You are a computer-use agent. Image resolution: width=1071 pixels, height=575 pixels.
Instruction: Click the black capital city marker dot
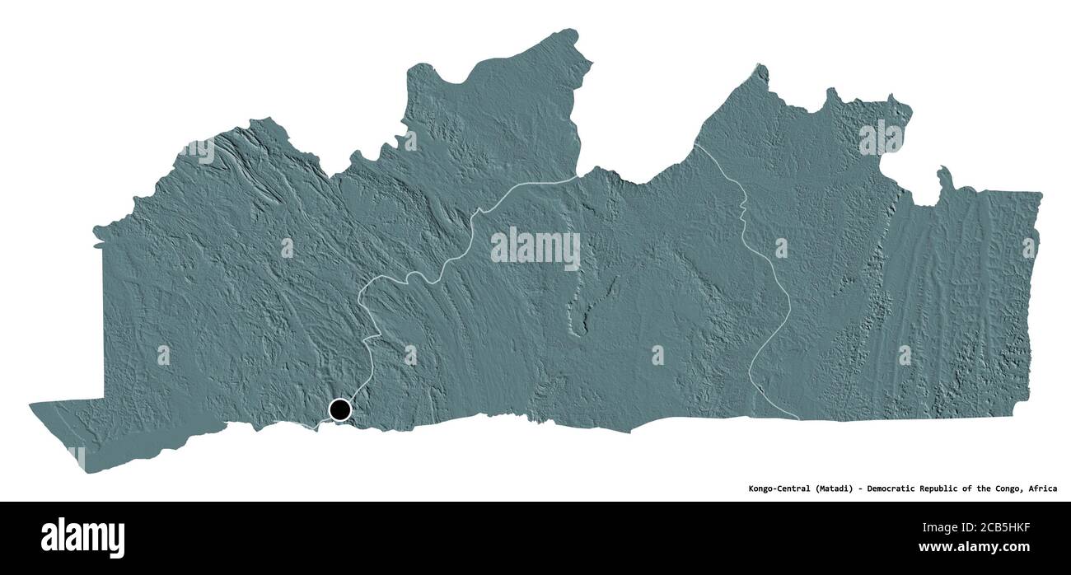[x=339, y=409]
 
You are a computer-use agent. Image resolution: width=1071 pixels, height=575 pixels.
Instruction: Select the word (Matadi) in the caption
[x=838, y=489]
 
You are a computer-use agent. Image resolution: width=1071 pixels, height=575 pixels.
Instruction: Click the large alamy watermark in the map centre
[x=535, y=247]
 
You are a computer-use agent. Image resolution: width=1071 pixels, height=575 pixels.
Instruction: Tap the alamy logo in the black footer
[x=82, y=538]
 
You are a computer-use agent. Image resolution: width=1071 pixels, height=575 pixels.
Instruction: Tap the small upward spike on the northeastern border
[x=942, y=175]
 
